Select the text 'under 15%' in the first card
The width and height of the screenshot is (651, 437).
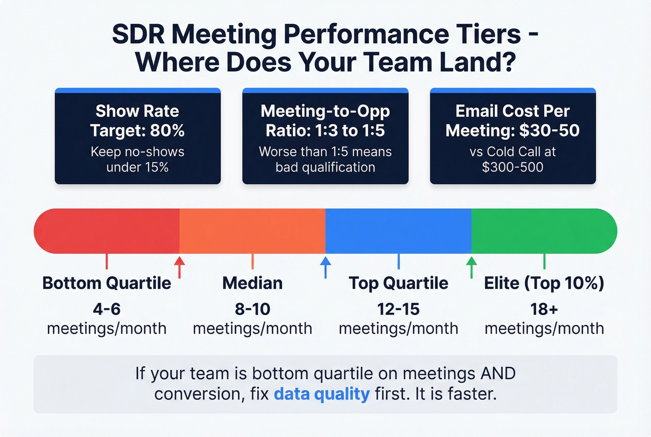138,167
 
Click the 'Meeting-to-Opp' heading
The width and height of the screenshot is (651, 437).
325,111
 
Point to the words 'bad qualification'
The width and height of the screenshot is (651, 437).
325,167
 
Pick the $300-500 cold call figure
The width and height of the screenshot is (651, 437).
512,167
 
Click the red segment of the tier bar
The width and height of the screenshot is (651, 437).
107,231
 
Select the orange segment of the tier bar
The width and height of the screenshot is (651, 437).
252,231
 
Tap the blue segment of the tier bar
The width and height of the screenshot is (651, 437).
398,231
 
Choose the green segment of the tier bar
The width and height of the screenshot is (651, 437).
544,231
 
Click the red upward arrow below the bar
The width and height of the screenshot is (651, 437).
179,266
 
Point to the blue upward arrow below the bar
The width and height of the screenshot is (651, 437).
325,266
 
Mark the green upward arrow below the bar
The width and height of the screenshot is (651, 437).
472,266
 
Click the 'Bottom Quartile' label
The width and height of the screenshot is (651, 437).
107,283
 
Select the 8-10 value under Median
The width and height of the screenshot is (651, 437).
252,309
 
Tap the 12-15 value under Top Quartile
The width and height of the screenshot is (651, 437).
398,309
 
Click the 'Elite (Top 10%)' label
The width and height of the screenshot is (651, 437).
544,283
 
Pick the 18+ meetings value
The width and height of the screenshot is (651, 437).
544,309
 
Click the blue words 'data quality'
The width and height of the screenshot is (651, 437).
322,394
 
